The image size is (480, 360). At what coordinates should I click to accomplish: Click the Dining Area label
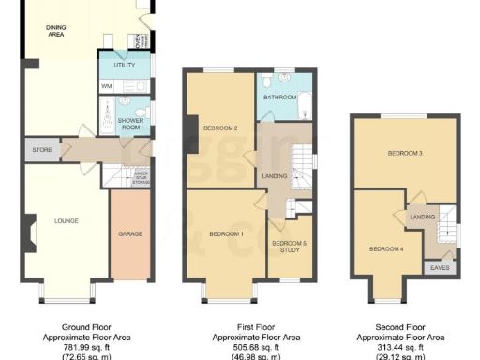(62, 32)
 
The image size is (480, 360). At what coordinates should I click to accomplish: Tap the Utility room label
(126, 66)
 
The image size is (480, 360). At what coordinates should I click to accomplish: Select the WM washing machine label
(106, 86)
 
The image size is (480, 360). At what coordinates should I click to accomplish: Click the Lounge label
(66, 221)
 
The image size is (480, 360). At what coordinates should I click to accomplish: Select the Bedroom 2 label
(221, 128)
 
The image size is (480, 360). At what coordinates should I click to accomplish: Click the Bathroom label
(279, 97)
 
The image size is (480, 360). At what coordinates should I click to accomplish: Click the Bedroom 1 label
(226, 233)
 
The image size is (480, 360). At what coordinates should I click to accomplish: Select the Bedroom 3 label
(407, 152)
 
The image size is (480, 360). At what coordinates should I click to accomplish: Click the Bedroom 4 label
(385, 248)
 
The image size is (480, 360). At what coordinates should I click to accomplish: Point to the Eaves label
(439, 267)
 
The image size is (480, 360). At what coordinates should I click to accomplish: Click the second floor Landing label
(424, 217)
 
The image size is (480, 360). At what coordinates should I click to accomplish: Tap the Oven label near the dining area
(140, 43)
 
